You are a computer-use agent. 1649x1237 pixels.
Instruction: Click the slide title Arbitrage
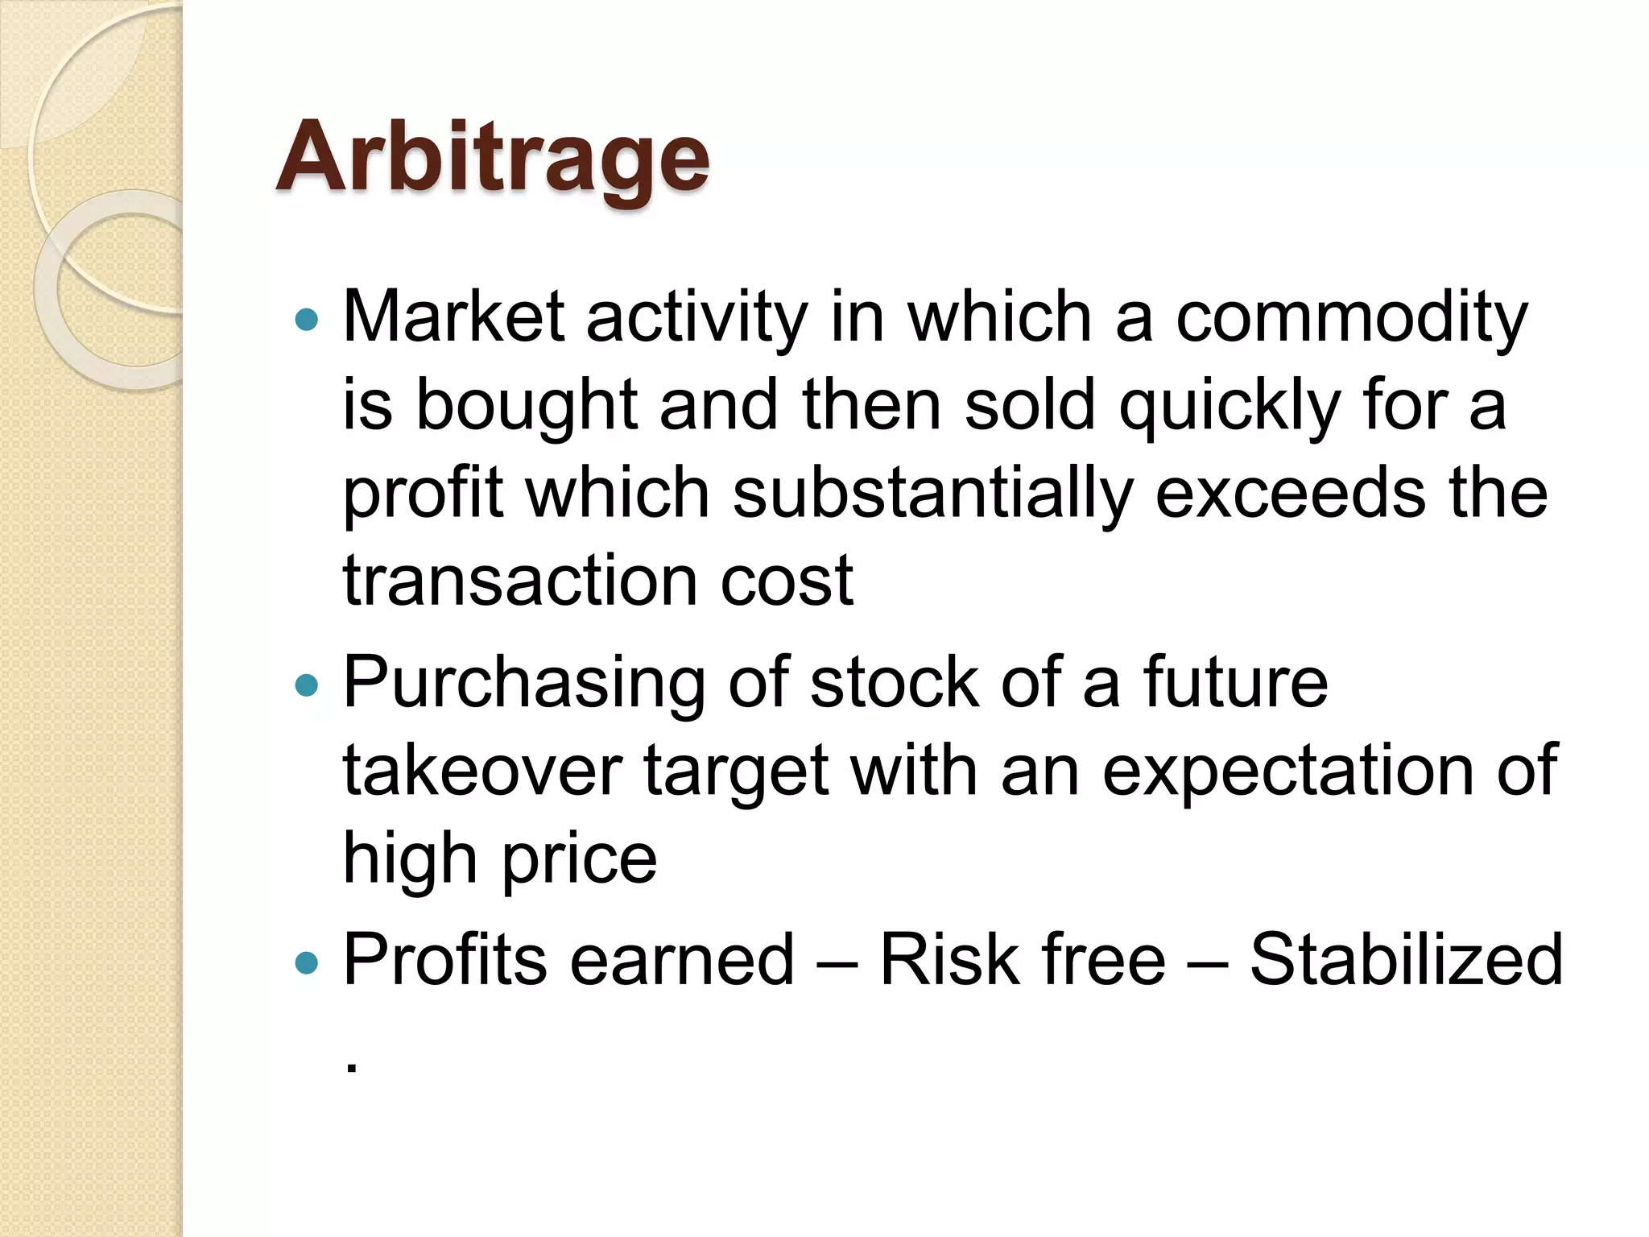point(492,158)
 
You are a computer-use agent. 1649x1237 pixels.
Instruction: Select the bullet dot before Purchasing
point(307,685)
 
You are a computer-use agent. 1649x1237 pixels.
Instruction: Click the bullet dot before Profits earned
point(307,962)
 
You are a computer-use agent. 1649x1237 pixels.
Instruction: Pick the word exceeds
point(1291,494)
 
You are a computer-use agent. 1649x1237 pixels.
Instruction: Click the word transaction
point(520,581)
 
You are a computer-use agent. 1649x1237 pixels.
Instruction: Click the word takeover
point(482,772)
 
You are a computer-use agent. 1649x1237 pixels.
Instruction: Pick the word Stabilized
point(1405,960)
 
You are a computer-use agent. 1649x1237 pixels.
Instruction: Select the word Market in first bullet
point(453,317)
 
